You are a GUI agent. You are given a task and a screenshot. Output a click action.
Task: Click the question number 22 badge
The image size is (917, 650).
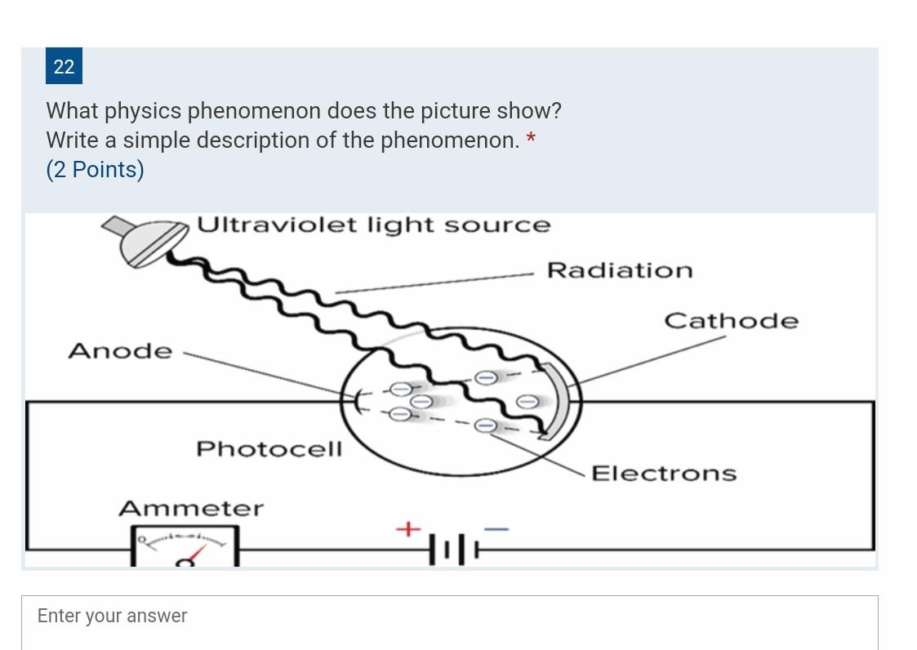[x=64, y=66]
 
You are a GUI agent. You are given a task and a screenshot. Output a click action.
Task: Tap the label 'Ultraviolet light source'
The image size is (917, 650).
[x=374, y=225]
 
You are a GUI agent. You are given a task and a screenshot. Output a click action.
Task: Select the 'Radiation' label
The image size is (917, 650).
[x=620, y=270]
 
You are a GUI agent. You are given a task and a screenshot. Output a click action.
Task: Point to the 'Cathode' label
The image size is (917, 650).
[x=731, y=321]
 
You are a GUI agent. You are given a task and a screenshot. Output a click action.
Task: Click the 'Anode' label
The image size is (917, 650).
[x=120, y=351]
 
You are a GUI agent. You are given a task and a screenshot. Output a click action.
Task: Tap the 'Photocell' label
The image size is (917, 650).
[x=269, y=449]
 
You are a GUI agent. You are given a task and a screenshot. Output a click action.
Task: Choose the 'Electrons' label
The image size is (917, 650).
[x=663, y=474]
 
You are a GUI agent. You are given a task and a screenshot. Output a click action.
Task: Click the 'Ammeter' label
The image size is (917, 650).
[x=191, y=509]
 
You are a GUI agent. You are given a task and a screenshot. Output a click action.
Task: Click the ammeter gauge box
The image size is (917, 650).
[x=185, y=546]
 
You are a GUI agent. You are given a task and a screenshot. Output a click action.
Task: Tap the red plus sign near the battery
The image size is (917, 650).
[x=407, y=529]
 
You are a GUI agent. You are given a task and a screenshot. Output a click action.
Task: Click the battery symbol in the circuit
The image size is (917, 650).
[x=454, y=549]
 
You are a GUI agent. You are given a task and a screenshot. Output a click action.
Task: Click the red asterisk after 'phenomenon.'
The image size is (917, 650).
[x=531, y=138]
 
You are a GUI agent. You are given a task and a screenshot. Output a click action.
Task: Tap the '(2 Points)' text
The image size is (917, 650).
[x=95, y=169]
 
